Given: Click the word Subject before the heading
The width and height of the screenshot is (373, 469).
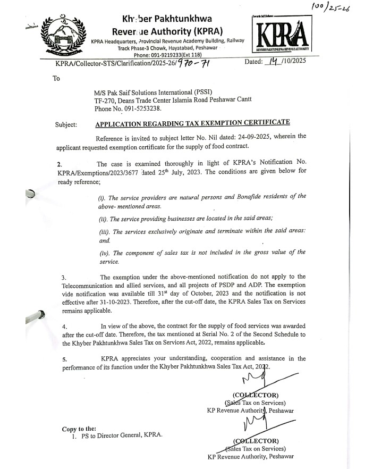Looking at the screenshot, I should (x=66, y=124).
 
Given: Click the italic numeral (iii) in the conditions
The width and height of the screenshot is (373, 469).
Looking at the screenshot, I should (x=104, y=232).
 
